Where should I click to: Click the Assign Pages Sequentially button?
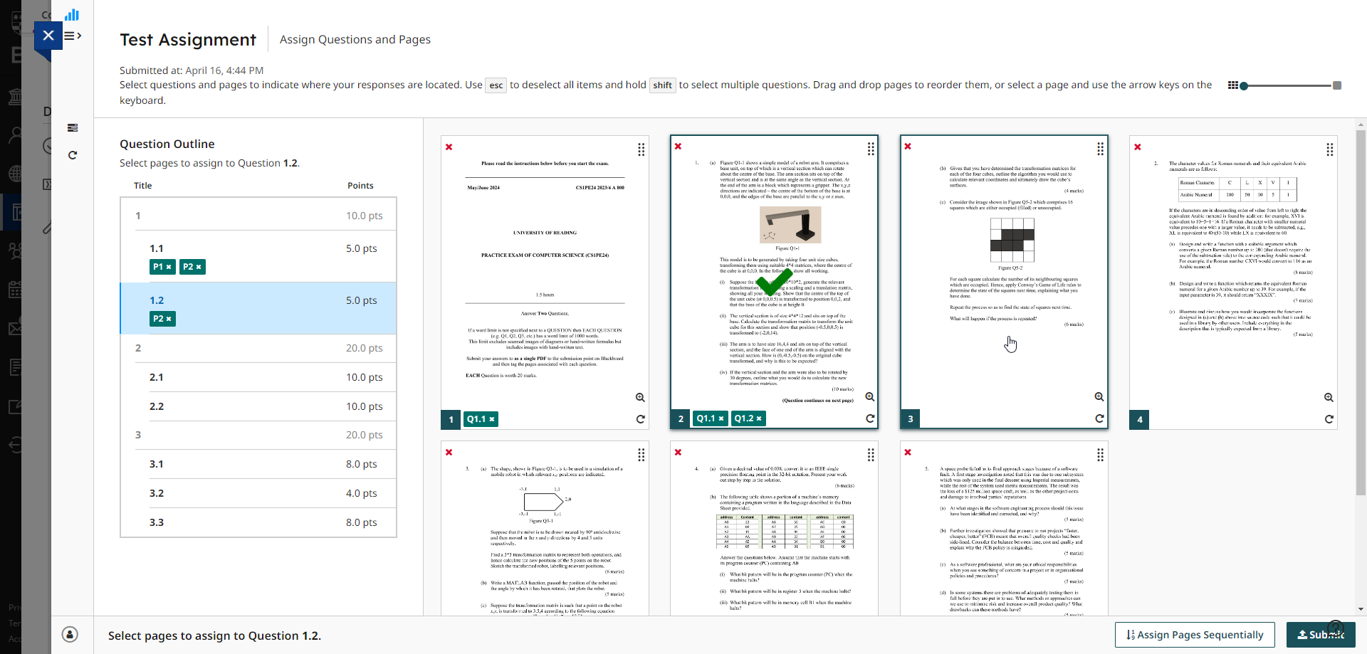[x=1194, y=635]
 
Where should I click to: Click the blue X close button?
[x=48, y=35]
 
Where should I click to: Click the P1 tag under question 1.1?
[x=158, y=267]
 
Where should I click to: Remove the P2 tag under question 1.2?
[x=169, y=319]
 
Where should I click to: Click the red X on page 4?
[x=1138, y=147]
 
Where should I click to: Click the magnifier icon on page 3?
[x=1099, y=397]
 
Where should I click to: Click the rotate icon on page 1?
[x=640, y=419]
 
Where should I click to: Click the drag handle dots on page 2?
[x=871, y=149]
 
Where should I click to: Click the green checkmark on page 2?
[x=773, y=283]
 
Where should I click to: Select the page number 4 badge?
[x=1140, y=420]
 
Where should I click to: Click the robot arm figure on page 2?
[x=790, y=225]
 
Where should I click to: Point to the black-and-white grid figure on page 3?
[x=1012, y=240]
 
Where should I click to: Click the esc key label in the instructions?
[x=496, y=85]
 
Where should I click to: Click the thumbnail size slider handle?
[x=1244, y=86]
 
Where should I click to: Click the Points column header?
[x=360, y=186]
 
